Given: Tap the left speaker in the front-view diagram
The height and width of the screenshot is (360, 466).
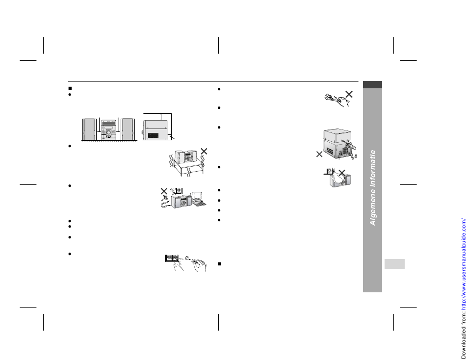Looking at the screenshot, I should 89,129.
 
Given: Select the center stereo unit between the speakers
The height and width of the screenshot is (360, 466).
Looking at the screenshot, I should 109,129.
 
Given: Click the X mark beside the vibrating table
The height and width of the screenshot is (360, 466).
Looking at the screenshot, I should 204,151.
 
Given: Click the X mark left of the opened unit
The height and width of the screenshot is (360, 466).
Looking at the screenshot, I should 319,154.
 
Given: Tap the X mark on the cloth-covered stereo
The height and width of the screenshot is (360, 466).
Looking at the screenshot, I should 342,172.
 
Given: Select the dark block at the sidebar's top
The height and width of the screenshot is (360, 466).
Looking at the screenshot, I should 372,84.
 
